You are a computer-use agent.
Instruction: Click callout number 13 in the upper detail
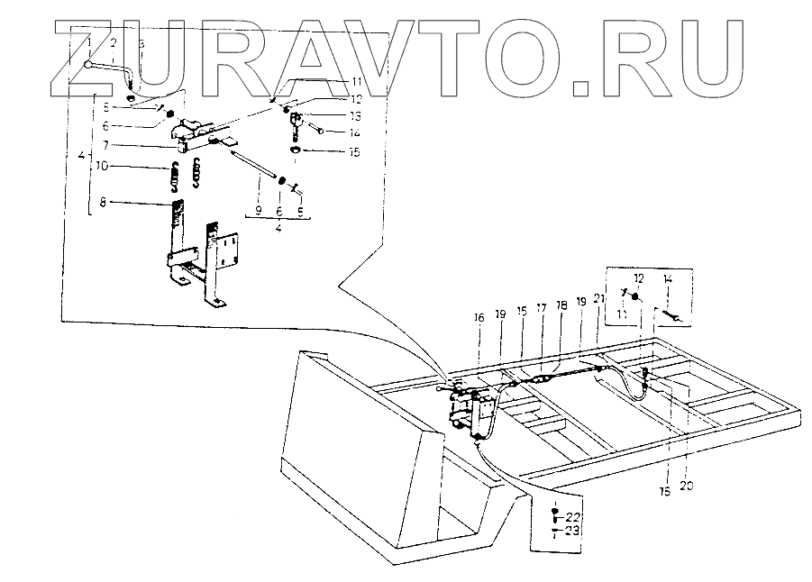point(331,116)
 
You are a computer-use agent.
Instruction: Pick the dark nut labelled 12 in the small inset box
point(636,297)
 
